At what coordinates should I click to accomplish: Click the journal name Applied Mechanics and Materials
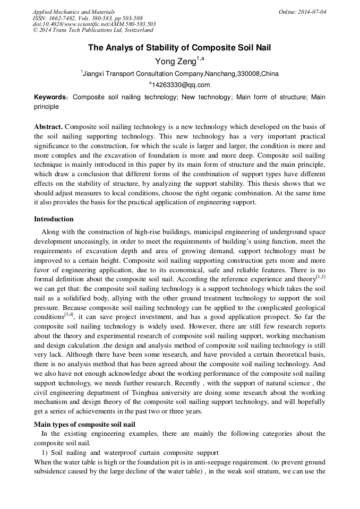pos(74,12)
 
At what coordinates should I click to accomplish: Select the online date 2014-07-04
pos(310,12)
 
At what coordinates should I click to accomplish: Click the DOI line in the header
pos(94,24)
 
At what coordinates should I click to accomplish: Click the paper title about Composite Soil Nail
pos(179,48)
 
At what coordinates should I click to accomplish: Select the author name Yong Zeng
pos(175,62)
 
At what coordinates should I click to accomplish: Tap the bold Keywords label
pos(50,98)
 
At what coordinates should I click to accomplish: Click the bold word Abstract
pos(48,127)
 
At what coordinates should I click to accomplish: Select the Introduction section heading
pos(54,219)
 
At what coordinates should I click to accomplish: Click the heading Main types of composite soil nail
pos(84,424)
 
